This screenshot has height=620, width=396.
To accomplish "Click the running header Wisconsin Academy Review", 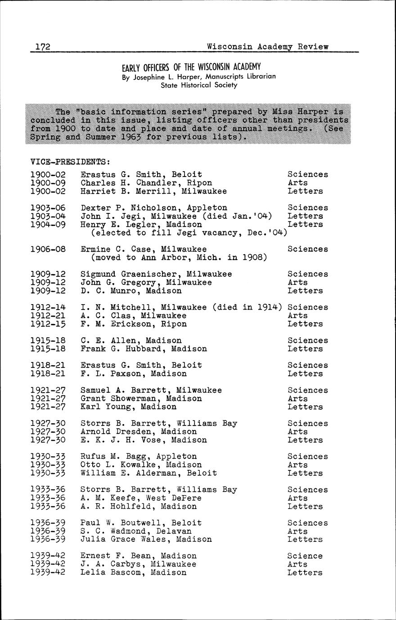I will pyautogui.click(x=268, y=47).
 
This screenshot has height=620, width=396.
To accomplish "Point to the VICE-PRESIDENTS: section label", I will pyautogui.click(x=70, y=161).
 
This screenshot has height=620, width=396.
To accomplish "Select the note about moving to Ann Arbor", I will pyautogui.click(x=179, y=257).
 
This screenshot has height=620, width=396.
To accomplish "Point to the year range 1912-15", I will pyautogui.click(x=48, y=324).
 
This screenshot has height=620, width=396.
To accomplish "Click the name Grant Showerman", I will pyautogui.click(x=118, y=399).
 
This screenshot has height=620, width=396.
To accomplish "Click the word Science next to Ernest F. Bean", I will pyautogui.click(x=305, y=556).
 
